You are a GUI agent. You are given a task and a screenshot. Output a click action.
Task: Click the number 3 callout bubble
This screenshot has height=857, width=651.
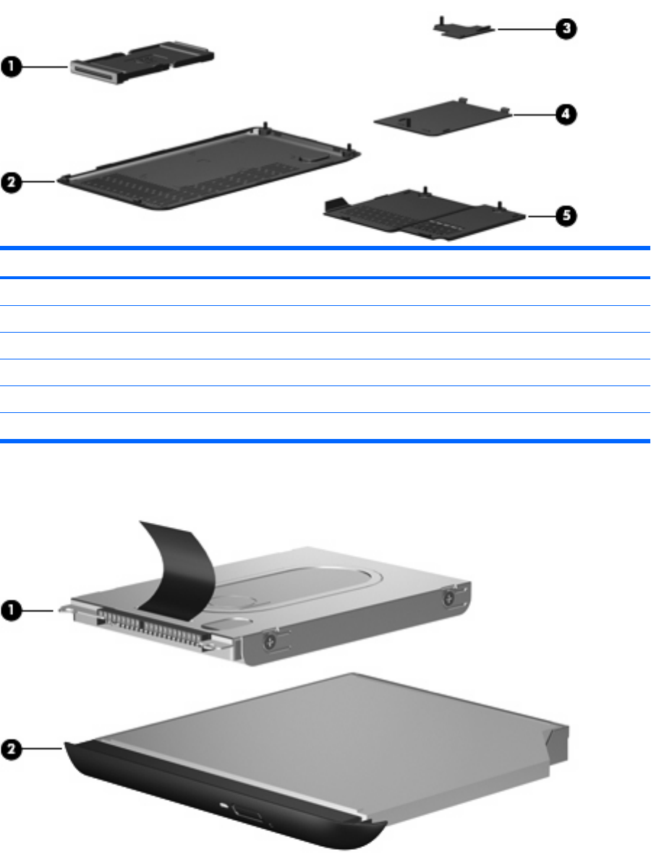click(566, 29)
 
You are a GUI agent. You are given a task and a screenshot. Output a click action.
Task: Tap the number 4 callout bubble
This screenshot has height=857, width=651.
click(567, 114)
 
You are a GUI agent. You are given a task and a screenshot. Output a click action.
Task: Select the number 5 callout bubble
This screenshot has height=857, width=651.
click(566, 216)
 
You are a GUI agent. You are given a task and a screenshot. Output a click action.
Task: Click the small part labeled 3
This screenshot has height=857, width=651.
click(461, 27)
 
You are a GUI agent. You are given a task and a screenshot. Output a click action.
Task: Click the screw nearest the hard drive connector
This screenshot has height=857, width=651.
click(268, 639)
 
